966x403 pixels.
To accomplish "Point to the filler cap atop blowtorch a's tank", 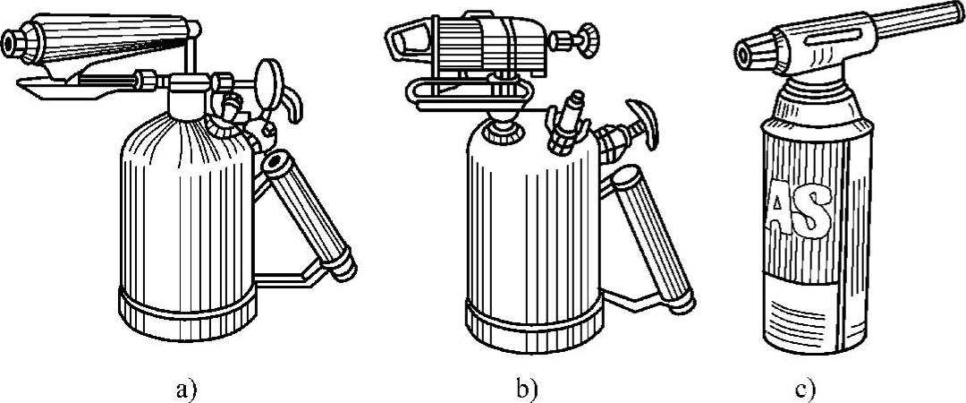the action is click(189, 86).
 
